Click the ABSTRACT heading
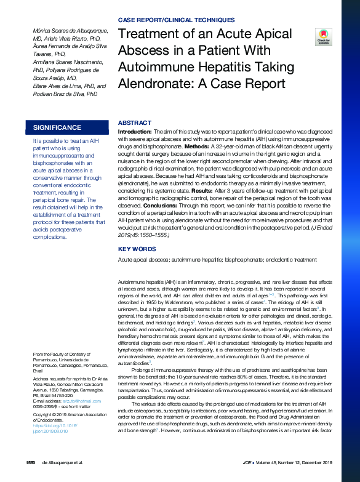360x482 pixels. [x=134, y=123]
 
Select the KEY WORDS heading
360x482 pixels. [x=137, y=249]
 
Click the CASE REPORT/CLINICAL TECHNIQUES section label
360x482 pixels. [x=175, y=20]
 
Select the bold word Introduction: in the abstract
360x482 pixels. [x=135, y=132]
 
